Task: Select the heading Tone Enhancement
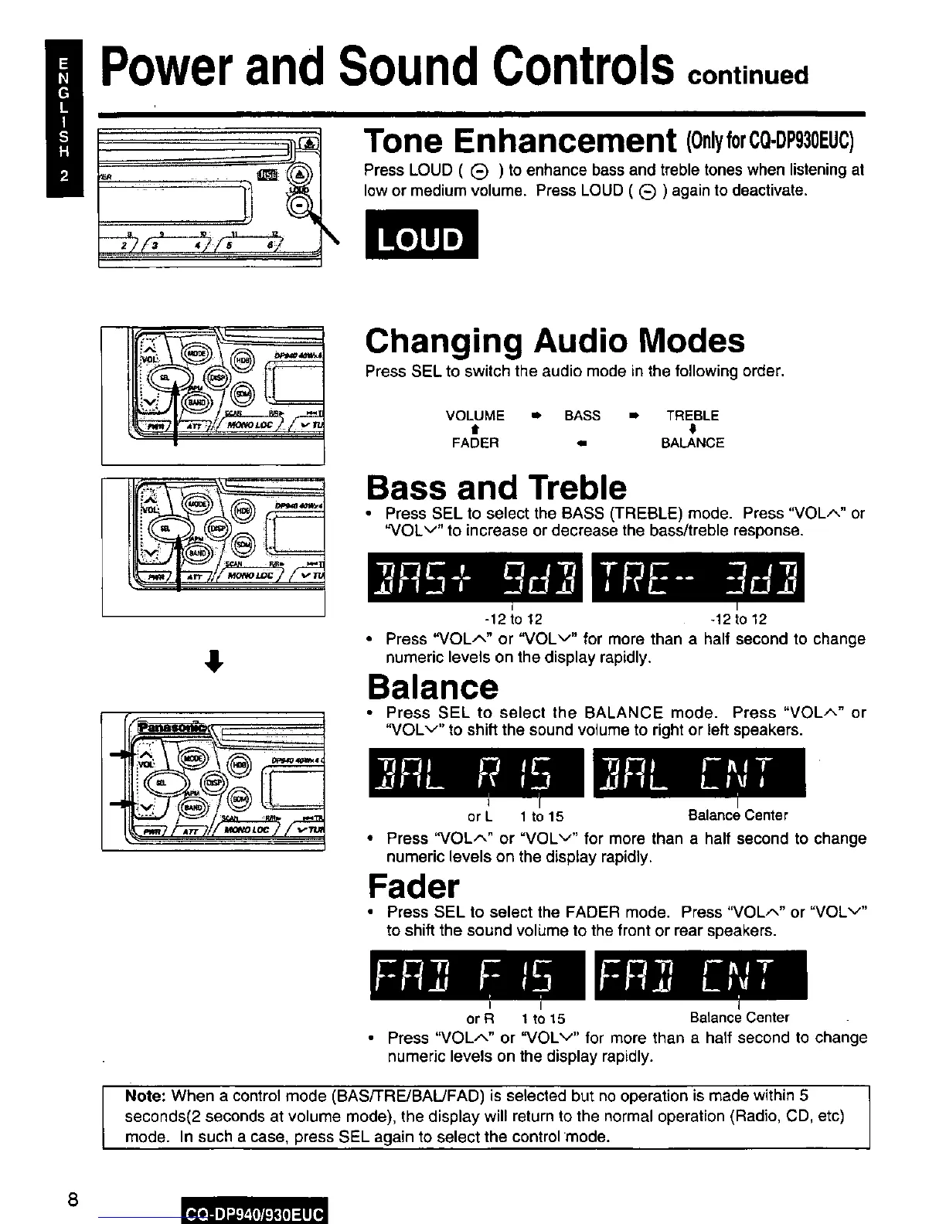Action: point(519,141)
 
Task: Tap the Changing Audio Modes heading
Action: point(555,341)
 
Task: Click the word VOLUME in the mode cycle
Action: point(475,416)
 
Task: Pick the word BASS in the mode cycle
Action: point(582,416)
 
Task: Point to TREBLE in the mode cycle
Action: point(692,416)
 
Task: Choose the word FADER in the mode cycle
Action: point(475,443)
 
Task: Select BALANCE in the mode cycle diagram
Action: point(692,443)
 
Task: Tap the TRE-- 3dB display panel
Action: point(698,577)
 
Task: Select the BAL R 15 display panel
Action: point(477,773)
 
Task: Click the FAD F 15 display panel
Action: point(477,974)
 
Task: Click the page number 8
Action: point(72,1200)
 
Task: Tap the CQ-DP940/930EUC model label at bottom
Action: point(254,1210)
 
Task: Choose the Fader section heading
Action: point(413,886)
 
